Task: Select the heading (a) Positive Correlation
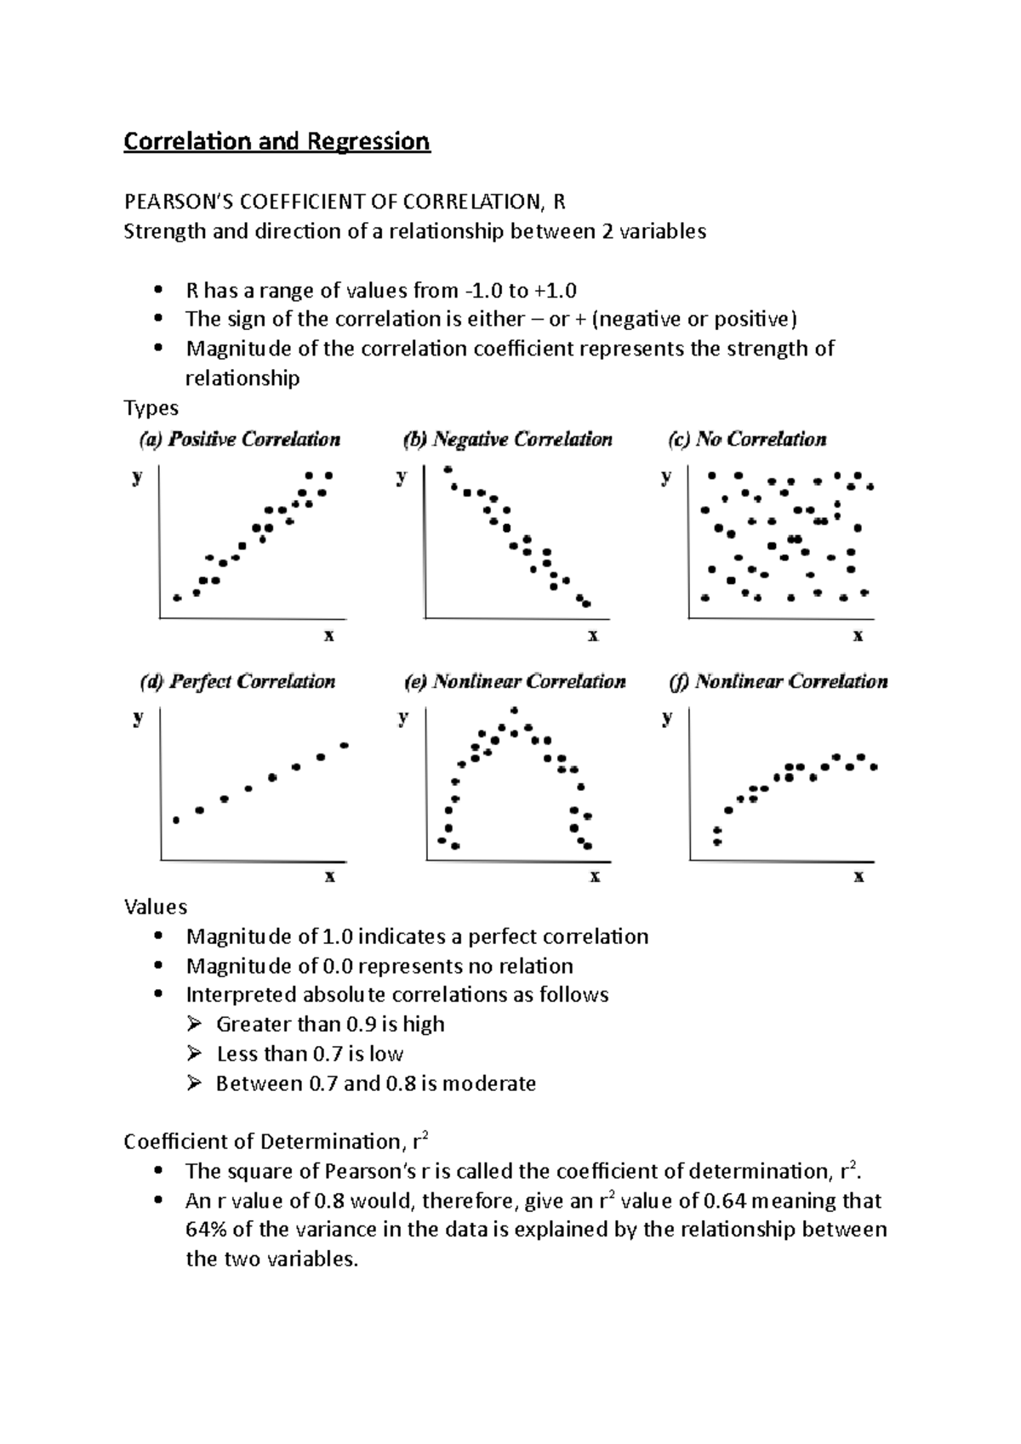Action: [240, 440]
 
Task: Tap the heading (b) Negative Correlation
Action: [507, 440]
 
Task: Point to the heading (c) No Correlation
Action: [748, 440]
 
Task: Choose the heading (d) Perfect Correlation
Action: [238, 681]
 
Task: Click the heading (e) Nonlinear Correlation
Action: [515, 681]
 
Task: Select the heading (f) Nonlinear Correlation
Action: [779, 681]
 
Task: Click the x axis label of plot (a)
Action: [329, 635]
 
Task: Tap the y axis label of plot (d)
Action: [137, 718]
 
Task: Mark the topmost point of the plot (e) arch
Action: [516, 708]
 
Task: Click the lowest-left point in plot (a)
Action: [177, 598]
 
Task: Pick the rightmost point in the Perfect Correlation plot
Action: [345, 745]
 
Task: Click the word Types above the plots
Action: [151, 408]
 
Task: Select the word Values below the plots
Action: [156, 907]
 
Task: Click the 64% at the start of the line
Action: [205, 1230]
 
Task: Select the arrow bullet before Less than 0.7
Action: [195, 1054]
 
